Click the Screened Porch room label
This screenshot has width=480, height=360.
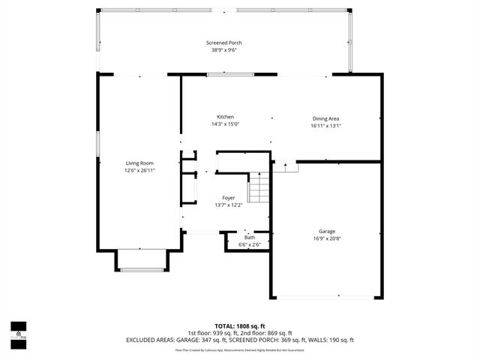click(x=224, y=43)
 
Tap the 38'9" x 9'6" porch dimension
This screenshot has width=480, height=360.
click(x=224, y=51)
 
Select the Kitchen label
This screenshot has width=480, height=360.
click(x=225, y=117)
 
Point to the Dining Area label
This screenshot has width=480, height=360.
click(x=326, y=118)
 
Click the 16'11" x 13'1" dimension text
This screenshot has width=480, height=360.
click(x=326, y=126)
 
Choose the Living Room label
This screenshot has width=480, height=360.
click(x=139, y=163)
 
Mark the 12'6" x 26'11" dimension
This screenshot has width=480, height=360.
click(x=139, y=171)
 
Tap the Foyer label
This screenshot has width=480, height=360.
click(x=228, y=198)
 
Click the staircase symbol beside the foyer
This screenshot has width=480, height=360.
click(x=259, y=187)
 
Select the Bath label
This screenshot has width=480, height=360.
click(x=249, y=238)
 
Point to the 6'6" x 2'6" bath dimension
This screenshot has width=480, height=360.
click(x=249, y=244)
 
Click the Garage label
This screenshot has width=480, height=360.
click(x=326, y=231)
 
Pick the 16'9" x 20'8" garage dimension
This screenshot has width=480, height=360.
click(x=326, y=239)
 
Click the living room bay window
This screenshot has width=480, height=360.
click(x=140, y=269)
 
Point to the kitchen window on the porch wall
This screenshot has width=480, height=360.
click(x=229, y=73)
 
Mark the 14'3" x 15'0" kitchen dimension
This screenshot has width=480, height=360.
click(x=225, y=125)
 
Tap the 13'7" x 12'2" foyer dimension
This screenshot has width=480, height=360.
click(x=228, y=205)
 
